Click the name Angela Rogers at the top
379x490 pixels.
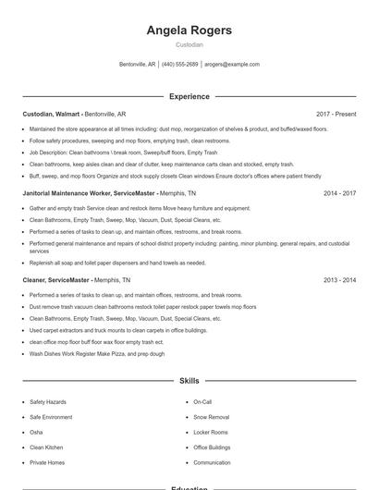(189, 31)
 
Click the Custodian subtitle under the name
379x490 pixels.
(189, 44)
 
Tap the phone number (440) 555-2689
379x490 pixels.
(180, 65)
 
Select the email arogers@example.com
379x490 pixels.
(232, 65)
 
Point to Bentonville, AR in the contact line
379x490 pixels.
(139, 65)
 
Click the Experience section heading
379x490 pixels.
(189, 96)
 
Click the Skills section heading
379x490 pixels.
(189, 381)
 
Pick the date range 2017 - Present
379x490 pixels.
(336, 115)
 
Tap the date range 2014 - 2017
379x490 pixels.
(339, 194)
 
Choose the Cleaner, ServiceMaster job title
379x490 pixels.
(55, 280)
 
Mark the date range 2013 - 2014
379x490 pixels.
(339, 280)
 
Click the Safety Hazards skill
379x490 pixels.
(48, 402)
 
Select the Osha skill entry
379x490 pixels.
(36, 432)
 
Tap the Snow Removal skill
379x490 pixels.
(212, 417)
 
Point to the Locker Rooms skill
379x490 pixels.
(211, 432)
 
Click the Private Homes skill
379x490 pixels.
(47, 462)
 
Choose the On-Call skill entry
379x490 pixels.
(202, 402)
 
